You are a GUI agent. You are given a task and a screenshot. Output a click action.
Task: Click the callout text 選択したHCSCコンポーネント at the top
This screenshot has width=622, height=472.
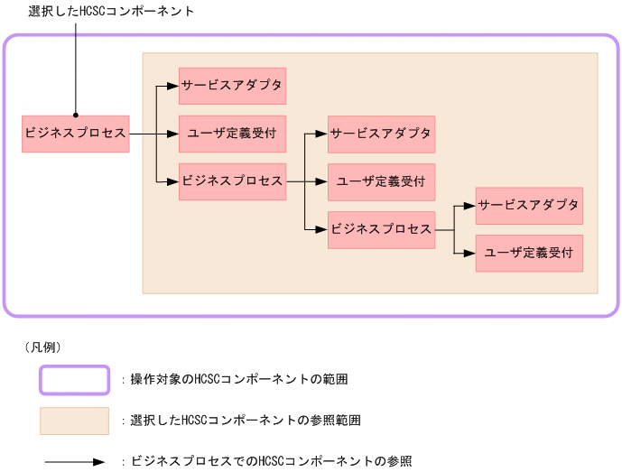(111, 11)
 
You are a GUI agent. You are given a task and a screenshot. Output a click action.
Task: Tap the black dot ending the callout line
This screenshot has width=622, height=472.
(76, 116)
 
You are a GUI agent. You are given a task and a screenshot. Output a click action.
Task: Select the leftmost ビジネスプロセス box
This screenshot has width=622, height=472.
(76, 134)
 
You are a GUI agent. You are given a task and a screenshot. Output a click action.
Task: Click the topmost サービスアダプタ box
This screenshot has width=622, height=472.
(232, 86)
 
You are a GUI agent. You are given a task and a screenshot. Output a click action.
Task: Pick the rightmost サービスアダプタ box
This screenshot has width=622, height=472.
(529, 206)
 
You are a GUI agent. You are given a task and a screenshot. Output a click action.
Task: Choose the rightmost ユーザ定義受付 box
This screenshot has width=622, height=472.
(529, 254)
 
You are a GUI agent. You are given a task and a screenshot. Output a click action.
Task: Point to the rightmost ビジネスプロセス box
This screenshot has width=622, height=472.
(381, 229)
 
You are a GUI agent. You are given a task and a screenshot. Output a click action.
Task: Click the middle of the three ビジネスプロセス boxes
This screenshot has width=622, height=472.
(232, 181)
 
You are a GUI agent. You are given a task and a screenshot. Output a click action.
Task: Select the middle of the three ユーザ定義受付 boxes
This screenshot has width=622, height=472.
(381, 181)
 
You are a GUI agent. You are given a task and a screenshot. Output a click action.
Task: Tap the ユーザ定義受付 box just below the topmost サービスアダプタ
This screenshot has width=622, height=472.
(232, 134)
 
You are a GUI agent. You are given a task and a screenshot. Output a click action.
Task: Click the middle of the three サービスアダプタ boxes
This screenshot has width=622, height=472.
(381, 134)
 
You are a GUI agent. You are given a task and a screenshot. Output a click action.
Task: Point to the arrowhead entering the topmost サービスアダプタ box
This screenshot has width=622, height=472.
(173, 86)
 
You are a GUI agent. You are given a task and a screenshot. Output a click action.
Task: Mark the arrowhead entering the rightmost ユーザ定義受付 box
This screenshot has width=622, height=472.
(470, 254)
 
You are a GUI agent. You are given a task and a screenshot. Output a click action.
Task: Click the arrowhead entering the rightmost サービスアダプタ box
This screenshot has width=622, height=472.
(470, 206)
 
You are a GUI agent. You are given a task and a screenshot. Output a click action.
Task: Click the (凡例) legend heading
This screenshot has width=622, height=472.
(40, 347)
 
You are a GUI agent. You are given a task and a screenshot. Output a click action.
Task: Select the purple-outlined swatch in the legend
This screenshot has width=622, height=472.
(74, 380)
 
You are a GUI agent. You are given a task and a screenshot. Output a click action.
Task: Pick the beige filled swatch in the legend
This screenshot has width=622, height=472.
(74, 421)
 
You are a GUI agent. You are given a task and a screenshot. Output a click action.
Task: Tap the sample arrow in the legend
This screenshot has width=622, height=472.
(74, 462)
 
